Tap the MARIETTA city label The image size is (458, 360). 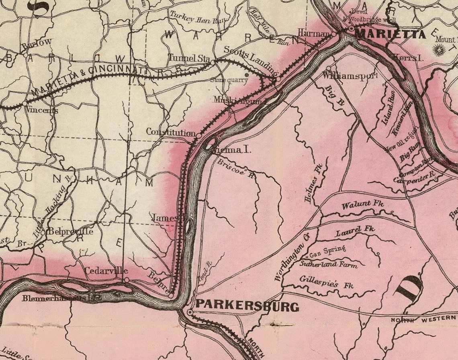point(390,35)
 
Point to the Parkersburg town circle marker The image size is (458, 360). point(190,312)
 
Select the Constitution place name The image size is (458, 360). point(171,132)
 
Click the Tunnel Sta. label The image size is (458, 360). point(189,58)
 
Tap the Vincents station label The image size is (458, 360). point(43,110)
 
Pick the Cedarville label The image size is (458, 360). point(106,271)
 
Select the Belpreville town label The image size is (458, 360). point(70,232)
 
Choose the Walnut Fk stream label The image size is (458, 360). point(362,205)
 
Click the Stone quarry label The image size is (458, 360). point(229,80)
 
